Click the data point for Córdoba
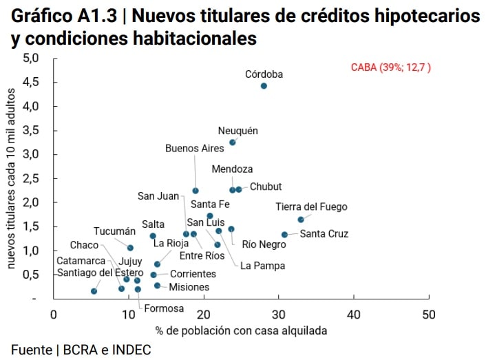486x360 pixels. click(x=264, y=86)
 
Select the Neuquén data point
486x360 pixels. click(x=232, y=142)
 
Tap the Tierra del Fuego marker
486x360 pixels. click(x=301, y=220)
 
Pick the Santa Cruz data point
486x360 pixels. click(x=284, y=235)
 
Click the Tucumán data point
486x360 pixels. click(x=130, y=248)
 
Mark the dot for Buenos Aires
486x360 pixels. click(x=196, y=191)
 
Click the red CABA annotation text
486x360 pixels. click(x=391, y=67)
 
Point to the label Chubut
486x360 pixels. click(x=265, y=187)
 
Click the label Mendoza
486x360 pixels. click(x=232, y=169)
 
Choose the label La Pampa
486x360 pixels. click(x=262, y=265)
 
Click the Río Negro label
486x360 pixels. click(x=264, y=244)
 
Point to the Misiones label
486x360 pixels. click(x=189, y=287)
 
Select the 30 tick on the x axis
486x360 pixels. click(x=278, y=315)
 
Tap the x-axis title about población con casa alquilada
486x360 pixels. click(x=241, y=330)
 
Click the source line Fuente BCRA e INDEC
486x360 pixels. click(x=81, y=350)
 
